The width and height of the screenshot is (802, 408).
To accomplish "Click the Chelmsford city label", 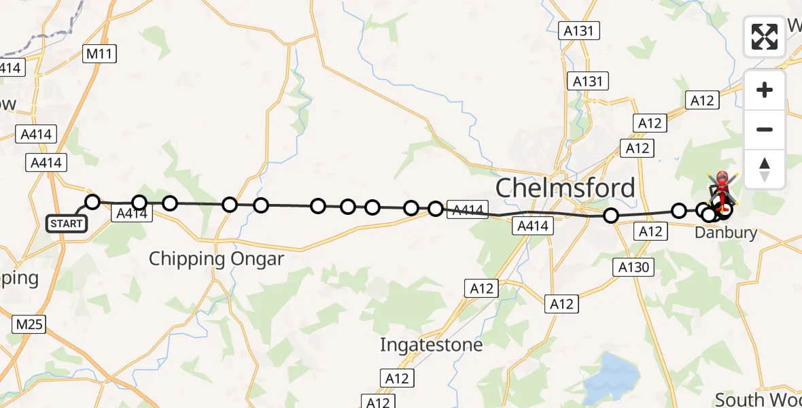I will pos(565,188).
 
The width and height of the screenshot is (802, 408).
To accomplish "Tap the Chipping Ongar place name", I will pos(216,259).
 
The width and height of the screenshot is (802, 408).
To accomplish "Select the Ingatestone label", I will pos(431,345).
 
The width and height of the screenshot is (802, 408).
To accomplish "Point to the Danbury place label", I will pos(726,233).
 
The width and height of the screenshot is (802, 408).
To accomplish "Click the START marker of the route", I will pos(67,223).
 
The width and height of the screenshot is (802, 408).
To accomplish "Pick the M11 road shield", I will pos(100,54).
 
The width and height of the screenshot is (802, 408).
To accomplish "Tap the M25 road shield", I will pos(29,324).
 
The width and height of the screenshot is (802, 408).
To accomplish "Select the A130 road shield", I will pos(635,268).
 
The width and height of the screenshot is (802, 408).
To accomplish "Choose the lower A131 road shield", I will pos(588,82).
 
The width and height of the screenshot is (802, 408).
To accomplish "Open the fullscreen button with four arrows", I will pos(765,37).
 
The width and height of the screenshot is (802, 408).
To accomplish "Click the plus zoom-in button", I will pos(765,90).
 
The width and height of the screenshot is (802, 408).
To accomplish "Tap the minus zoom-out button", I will pos(765,129).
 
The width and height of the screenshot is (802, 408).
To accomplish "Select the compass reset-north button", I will pos(765,169).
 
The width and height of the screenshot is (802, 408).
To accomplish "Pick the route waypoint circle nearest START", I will pos(92,202).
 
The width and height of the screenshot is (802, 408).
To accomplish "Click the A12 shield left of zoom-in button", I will pos(702,101).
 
